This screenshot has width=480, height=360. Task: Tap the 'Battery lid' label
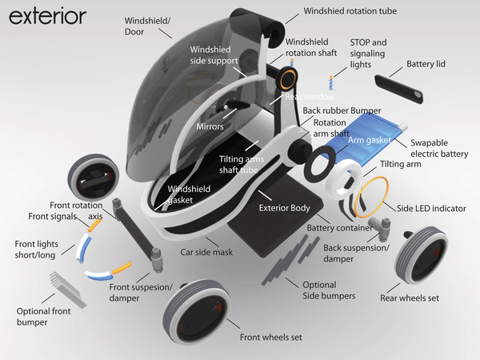click(432, 63)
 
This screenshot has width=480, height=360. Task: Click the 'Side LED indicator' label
click(431, 208)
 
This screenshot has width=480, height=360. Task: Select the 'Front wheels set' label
click(271, 337)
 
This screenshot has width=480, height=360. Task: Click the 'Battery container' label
click(342, 228)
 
